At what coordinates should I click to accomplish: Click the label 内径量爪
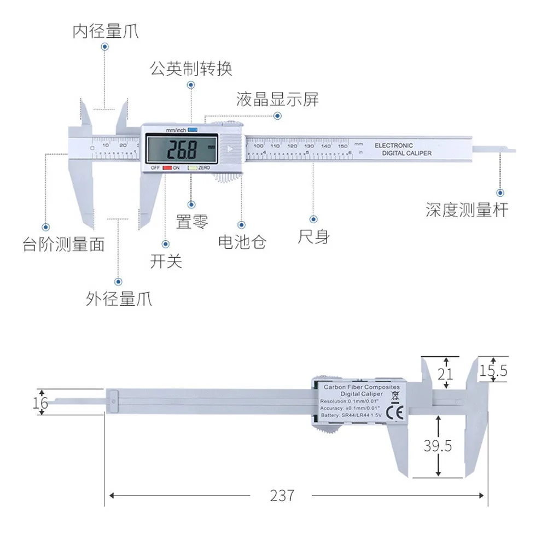click(106, 31)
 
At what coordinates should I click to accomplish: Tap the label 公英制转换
click(191, 68)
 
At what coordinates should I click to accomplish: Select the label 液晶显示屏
click(277, 100)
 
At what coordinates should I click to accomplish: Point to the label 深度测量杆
click(467, 210)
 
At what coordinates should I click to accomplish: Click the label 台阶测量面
click(63, 244)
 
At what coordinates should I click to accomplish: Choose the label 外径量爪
click(119, 299)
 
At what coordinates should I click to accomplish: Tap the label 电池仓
click(242, 241)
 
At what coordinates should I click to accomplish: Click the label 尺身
click(313, 237)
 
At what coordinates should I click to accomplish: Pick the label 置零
click(191, 221)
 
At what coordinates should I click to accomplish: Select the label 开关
click(166, 261)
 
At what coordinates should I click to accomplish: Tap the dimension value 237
click(282, 496)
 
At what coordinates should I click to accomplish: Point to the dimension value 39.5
click(438, 446)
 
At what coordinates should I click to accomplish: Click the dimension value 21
click(447, 374)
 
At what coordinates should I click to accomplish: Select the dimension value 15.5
click(493, 371)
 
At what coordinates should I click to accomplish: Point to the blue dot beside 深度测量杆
click(499, 193)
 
